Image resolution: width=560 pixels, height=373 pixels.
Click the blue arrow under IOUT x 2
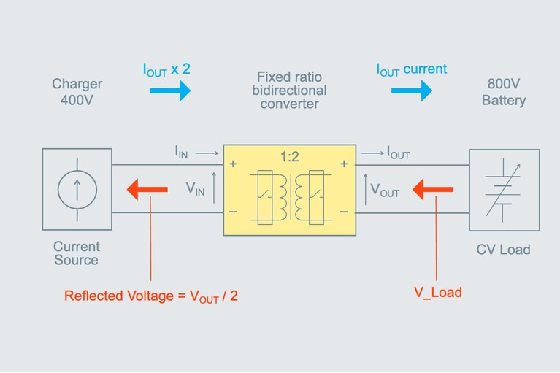[170, 91]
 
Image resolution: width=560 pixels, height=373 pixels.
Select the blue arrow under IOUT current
[411, 91]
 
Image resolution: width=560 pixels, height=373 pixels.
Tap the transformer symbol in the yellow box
[290, 196]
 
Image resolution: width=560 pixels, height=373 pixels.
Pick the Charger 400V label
[77, 92]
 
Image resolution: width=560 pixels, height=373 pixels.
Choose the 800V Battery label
[503, 92]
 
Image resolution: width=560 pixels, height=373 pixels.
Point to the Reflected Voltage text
[151, 296]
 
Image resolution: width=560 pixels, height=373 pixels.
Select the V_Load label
[437, 293]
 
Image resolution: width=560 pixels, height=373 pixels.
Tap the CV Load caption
[503, 250]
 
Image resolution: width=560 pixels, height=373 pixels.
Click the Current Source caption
[77, 253]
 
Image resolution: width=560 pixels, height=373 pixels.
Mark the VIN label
[195, 189]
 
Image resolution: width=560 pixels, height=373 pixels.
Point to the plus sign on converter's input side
[233, 164]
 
